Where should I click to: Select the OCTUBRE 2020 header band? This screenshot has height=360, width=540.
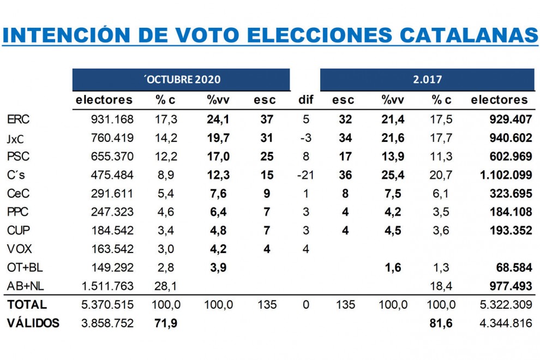point(181,80)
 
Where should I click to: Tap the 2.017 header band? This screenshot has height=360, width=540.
point(427,80)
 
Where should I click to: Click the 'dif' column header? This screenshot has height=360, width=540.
point(304,100)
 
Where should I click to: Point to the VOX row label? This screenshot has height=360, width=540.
point(19,249)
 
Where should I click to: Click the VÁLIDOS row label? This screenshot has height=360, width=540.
point(33,323)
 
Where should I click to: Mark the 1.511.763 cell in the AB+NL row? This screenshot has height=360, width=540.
point(107,286)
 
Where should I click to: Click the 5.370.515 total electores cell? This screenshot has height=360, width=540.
point(107,304)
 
